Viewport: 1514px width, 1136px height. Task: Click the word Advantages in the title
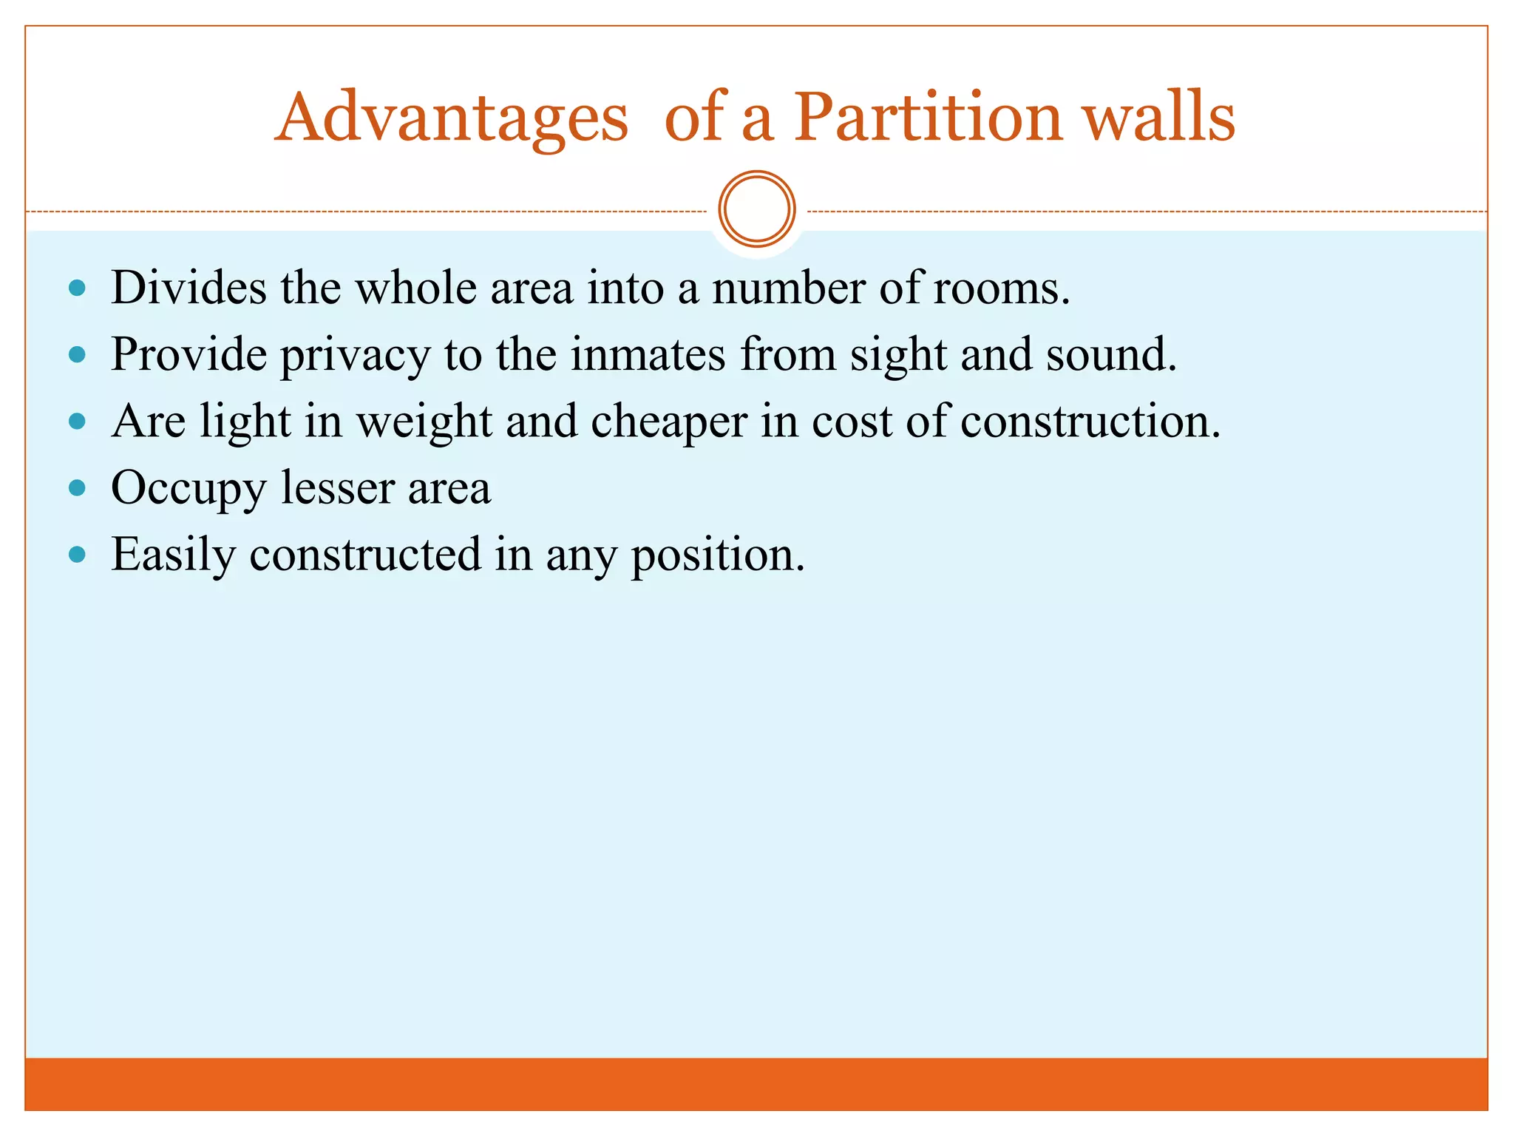click(x=452, y=118)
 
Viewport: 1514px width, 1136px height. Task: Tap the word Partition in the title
click(x=928, y=118)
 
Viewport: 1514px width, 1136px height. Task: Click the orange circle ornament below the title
click(x=756, y=209)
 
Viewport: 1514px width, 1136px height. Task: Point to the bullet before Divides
click(x=77, y=288)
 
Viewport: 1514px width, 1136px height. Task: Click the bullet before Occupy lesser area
click(x=77, y=488)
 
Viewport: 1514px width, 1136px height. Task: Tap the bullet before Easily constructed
click(x=77, y=555)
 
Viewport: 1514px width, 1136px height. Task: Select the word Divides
click(x=189, y=288)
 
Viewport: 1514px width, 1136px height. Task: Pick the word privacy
click(x=355, y=356)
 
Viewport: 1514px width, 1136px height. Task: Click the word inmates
click(x=648, y=354)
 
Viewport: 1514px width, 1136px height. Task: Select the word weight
click(x=424, y=422)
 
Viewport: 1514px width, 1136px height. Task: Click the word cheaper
click(x=669, y=422)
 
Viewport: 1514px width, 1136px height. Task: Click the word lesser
click(x=338, y=488)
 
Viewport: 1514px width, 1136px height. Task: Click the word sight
click(x=898, y=356)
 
